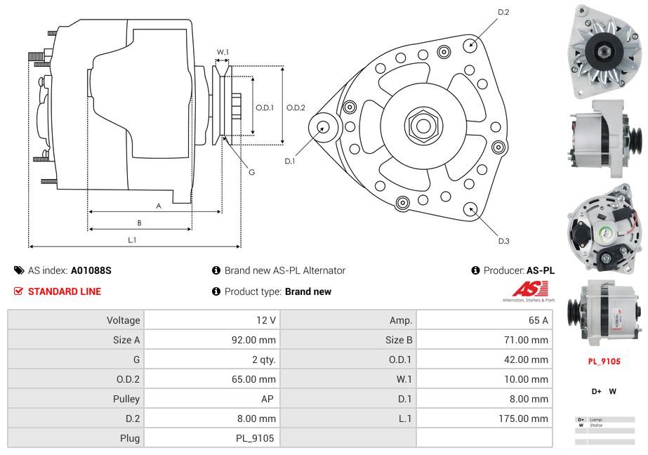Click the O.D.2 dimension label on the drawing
pyautogui.click(x=296, y=107)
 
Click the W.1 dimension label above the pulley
pyautogui.click(x=223, y=52)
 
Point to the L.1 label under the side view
pyautogui.click(x=131, y=240)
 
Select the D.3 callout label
pyautogui.click(x=503, y=241)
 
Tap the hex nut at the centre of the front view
pyautogui.click(x=423, y=126)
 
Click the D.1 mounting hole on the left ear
pyautogui.click(x=324, y=127)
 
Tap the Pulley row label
pyautogui.click(x=126, y=399)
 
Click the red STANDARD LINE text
pyautogui.click(x=65, y=291)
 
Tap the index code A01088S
pyautogui.click(x=91, y=270)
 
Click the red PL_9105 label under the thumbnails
pyautogui.click(x=604, y=362)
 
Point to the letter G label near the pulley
pyautogui.click(x=251, y=172)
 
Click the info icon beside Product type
pyautogui.click(x=216, y=291)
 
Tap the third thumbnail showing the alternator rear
pyautogui.click(x=604, y=228)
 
